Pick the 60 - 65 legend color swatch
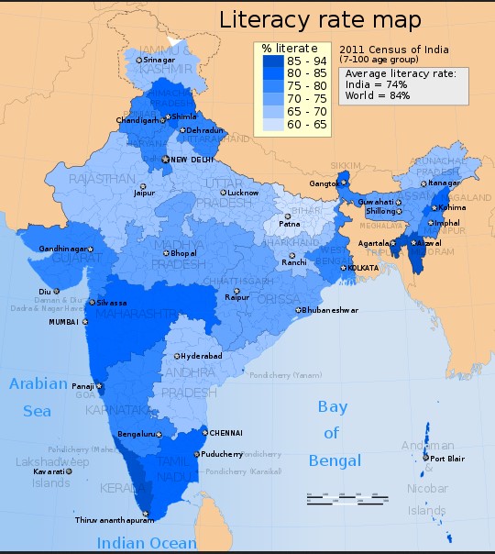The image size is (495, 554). coord(272,123)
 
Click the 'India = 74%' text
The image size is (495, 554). coord(377,83)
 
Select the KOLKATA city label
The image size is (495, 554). coord(363,268)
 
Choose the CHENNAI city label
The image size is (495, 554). coord(225,432)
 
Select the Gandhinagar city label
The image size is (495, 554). coord(63,249)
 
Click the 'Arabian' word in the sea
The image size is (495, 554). coord(38,384)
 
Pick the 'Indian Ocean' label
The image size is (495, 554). coord(148,542)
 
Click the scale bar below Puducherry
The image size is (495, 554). coord(332,499)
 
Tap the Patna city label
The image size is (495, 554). coord(291,224)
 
